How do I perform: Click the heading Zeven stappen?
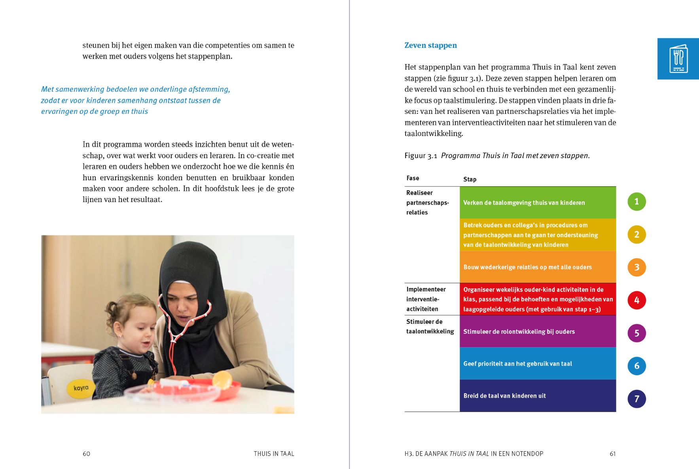click(x=430, y=45)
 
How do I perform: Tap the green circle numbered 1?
click(x=636, y=202)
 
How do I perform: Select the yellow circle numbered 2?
click(x=636, y=234)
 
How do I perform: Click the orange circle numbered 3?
click(x=636, y=267)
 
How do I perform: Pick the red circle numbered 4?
click(x=636, y=300)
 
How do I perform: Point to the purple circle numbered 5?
click(x=636, y=333)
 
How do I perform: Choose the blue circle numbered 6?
click(x=636, y=366)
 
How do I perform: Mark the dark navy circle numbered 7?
click(x=636, y=399)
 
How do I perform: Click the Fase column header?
click(x=413, y=178)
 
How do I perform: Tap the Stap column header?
click(x=470, y=180)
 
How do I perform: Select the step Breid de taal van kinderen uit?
click(x=504, y=396)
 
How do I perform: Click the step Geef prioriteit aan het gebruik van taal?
click(x=517, y=364)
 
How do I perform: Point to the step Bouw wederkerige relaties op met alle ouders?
click(x=527, y=267)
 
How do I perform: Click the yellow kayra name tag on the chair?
click(x=81, y=388)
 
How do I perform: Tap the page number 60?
click(x=86, y=454)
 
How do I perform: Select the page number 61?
click(x=612, y=454)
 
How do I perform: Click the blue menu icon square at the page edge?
click(x=678, y=59)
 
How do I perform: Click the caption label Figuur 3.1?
click(x=421, y=156)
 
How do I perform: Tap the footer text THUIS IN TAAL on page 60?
click(x=274, y=454)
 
